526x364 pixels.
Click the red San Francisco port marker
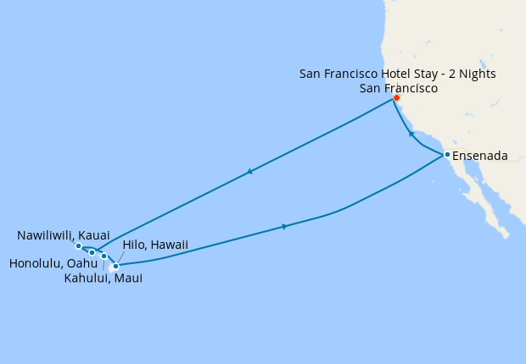tap(396, 97)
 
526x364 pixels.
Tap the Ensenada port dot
tap(447, 154)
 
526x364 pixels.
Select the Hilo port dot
tap(115, 266)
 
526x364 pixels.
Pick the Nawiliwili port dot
tap(78, 246)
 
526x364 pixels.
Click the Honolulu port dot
tap(92, 252)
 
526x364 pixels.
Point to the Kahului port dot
tap(104, 256)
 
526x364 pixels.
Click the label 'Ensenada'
tap(480, 156)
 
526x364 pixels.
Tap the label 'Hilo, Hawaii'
tap(155, 245)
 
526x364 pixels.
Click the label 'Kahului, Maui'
tap(104, 278)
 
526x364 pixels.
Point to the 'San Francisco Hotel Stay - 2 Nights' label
tap(398, 74)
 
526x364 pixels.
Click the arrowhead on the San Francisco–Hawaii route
tap(249, 172)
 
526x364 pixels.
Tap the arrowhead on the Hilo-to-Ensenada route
tap(284, 226)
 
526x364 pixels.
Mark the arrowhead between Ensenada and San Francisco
tap(411, 134)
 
